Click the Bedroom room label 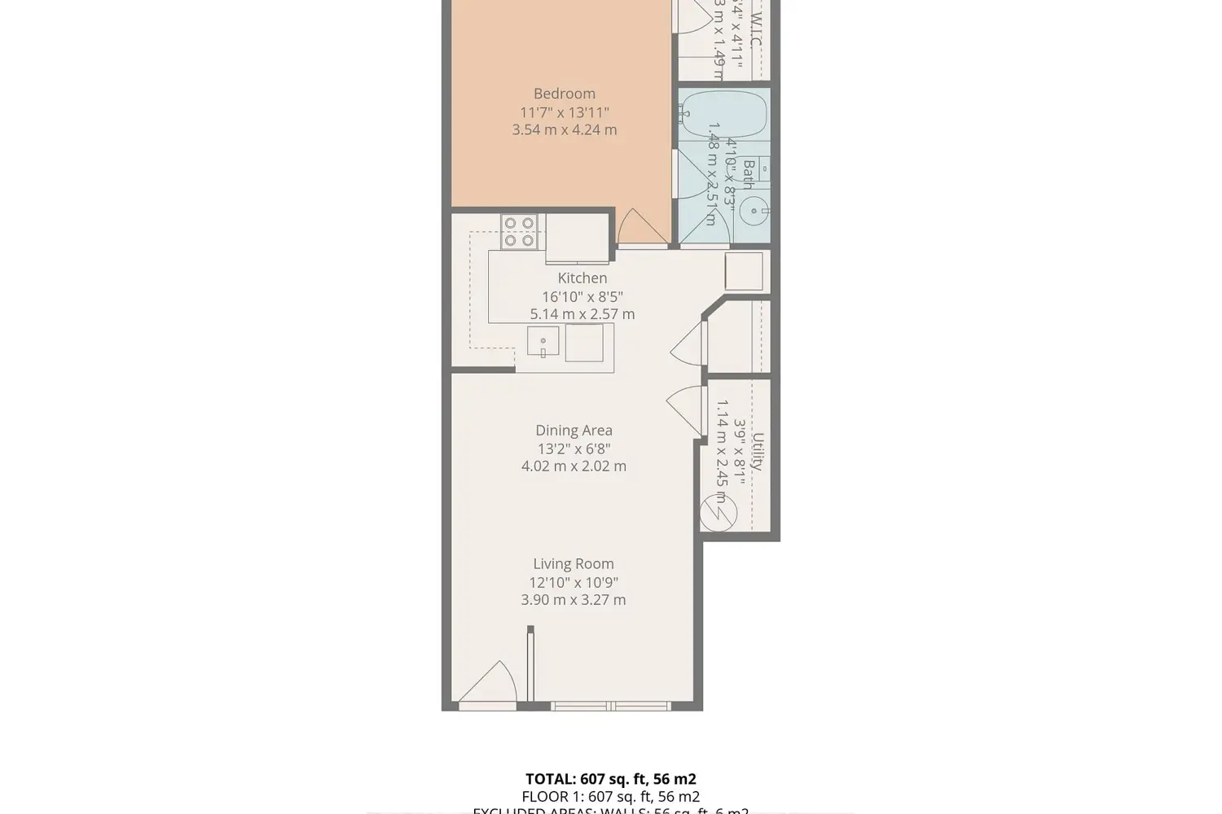(x=564, y=94)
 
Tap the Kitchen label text (x=582, y=278)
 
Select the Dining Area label (x=574, y=431)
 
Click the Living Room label (x=574, y=563)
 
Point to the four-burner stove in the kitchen (x=519, y=231)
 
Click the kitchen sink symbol (x=543, y=341)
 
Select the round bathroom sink (x=755, y=212)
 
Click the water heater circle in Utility (x=719, y=514)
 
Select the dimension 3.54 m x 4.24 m (x=564, y=129)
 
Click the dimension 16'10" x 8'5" (x=582, y=297)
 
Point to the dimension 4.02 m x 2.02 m (x=574, y=466)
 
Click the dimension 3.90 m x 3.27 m (x=574, y=600)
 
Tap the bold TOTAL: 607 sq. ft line (x=610, y=779)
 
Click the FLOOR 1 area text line (x=610, y=797)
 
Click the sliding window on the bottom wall (x=611, y=706)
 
